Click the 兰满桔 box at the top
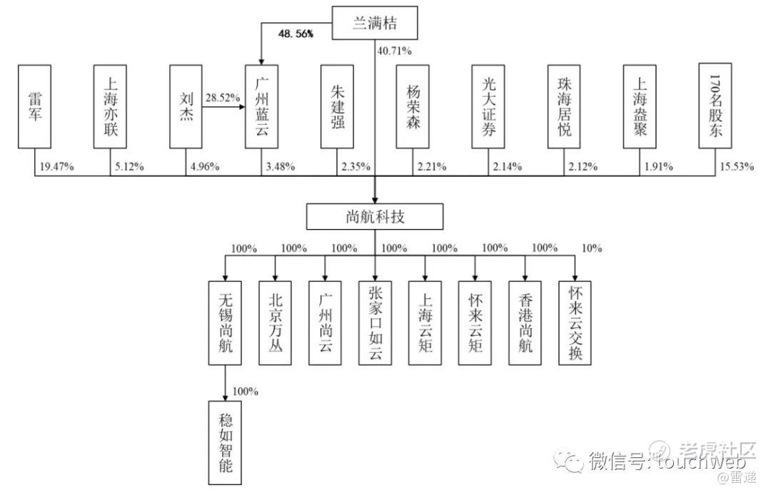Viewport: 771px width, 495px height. pos(375,24)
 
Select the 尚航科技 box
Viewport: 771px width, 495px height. pos(376,216)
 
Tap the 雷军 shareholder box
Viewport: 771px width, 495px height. pos(34,106)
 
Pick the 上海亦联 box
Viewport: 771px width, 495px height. pos(110,106)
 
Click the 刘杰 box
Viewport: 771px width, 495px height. pos(186,106)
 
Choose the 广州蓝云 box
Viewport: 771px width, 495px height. pos(261,106)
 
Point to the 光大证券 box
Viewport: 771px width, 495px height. pos(488,106)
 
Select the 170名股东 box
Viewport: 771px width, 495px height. pos(715,106)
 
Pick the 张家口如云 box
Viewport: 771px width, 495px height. pos(376,322)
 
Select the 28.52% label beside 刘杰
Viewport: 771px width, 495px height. pos(222,98)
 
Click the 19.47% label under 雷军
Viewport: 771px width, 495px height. pos(57,167)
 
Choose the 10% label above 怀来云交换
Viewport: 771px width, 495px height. pos(592,249)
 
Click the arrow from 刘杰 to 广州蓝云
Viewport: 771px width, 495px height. pos(223,106)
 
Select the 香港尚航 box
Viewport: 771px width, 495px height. pos(525,322)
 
